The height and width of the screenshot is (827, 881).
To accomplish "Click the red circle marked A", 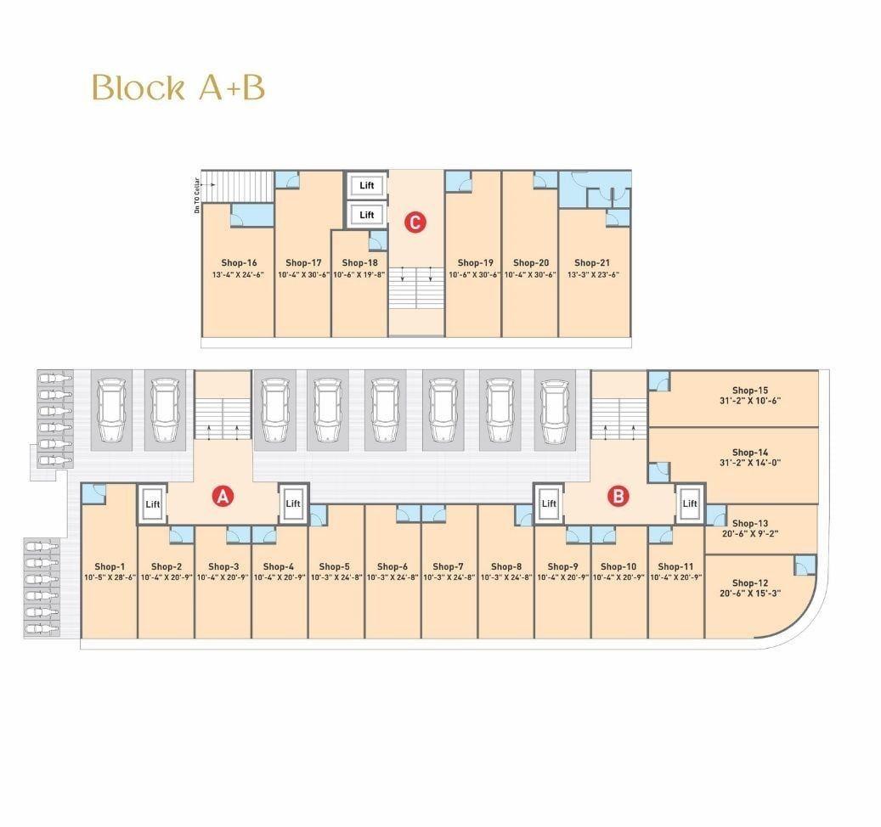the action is [x=223, y=497].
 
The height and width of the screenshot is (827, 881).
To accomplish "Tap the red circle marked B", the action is [x=618, y=497].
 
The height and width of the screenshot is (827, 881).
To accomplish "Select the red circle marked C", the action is [x=415, y=222].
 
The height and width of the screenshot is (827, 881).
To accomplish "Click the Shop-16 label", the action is [x=239, y=262].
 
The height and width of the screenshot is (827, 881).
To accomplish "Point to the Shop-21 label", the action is [x=592, y=262].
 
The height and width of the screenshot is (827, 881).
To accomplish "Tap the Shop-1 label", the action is [x=110, y=567].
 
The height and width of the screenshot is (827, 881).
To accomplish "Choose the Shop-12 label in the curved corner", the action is [x=750, y=583].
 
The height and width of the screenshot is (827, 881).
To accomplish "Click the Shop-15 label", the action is [x=750, y=391].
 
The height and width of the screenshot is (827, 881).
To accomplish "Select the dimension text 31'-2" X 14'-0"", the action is [x=750, y=464].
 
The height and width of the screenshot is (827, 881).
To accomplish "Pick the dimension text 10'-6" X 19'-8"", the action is [x=359, y=275].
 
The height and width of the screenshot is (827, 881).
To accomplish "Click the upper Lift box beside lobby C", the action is [x=366, y=185].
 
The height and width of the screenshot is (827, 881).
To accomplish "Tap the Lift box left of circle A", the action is [x=152, y=504].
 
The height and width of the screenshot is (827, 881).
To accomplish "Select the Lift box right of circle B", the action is [x=689, y=504].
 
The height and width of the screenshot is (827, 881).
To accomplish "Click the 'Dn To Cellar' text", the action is [x=197, y=195].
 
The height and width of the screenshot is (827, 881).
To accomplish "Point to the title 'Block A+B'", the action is [x=178, y=87].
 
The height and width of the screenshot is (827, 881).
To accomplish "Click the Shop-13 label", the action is [x=750, y=523].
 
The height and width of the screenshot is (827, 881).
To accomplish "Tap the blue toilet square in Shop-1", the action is [x=93, y=494].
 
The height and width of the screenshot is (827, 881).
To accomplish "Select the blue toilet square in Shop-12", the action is [x=805, y=565].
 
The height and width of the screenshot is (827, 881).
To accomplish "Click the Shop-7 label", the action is [x=449, y=567].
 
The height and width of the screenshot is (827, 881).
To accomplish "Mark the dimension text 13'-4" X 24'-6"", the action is [x=238, y=275].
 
